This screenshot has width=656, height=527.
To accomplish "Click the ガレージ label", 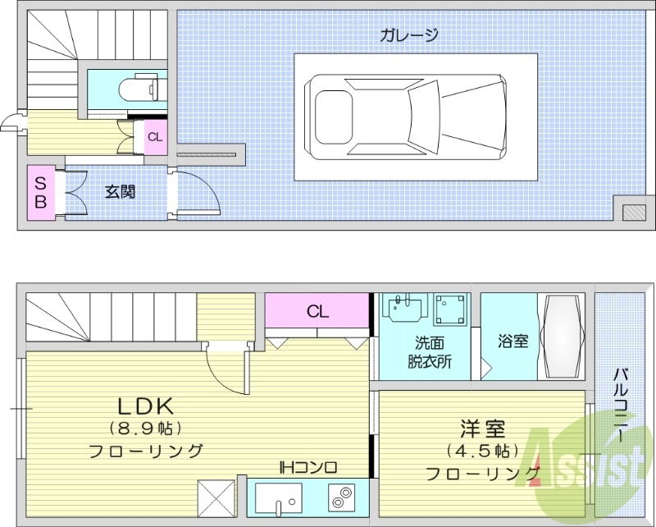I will (408, 34).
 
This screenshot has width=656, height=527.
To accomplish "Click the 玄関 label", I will (120, 193).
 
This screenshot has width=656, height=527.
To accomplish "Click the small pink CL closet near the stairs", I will (155, 137).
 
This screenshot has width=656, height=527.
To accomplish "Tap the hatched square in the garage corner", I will (633, 211).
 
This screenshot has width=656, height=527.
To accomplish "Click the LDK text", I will (145, 406).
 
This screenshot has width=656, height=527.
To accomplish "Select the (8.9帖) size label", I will (145, 428).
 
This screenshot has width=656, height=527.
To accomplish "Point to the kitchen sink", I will (277, 497).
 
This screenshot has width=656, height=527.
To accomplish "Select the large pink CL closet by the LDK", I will (318, 312).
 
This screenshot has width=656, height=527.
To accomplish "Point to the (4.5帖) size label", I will (481, 451).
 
